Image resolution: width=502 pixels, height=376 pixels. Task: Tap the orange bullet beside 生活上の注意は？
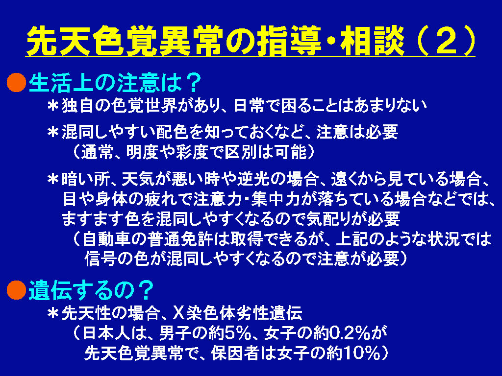pos(16,82)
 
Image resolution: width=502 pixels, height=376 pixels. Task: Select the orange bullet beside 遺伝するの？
pos(16,290)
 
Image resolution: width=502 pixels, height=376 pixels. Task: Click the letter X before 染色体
pos(177,313)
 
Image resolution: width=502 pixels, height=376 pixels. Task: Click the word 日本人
pos(107,333)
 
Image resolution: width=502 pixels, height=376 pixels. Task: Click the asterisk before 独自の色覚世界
pos(53,106)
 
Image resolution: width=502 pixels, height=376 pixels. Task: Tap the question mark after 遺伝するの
pos(145,290)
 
